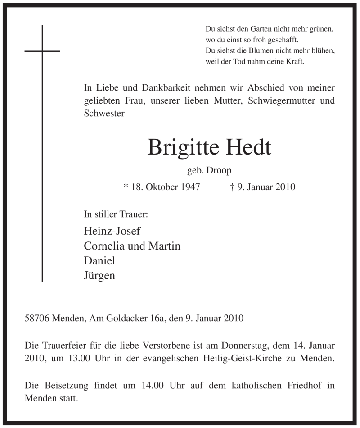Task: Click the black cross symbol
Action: pos(42,51)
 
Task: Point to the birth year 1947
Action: pos(190,187)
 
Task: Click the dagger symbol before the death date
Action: pos(232,187)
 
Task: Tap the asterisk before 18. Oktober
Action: pos(126,186)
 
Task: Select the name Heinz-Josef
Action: pos(112,232)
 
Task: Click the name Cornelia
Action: pos(105,246)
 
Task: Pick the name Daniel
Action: pos(99,260)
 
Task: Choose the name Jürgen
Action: pos(99,275)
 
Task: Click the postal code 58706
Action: pos(37,319)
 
